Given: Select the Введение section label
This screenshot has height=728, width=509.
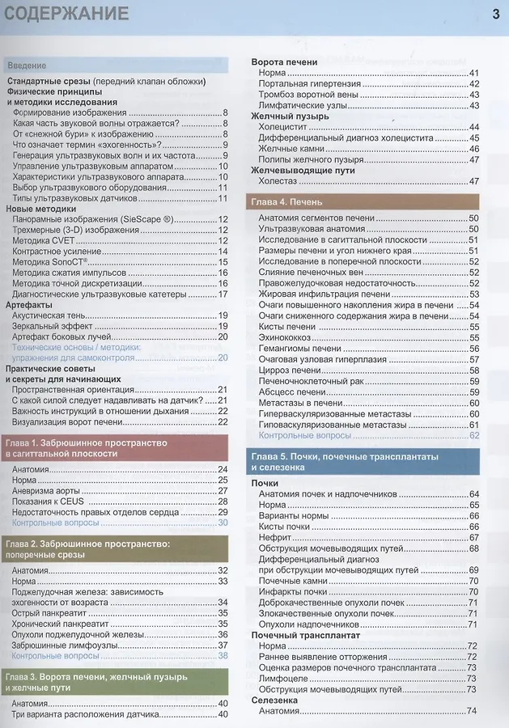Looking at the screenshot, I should (26, 65).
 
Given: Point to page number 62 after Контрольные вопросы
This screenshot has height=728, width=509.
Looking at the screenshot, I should (474, 435).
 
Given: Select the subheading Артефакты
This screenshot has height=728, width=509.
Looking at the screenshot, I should (30, 304).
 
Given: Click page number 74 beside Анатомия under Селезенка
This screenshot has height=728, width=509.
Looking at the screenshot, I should (472, 711).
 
